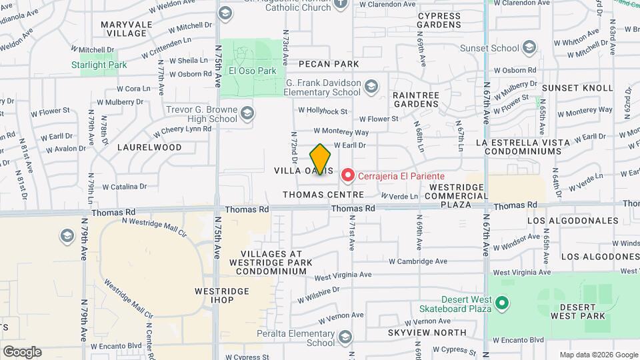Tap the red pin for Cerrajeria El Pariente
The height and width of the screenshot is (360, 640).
point(347,175)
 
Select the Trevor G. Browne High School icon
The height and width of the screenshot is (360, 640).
point(247,113)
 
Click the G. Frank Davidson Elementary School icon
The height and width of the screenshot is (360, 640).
point(371,85)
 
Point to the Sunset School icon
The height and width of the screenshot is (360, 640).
point(529,47)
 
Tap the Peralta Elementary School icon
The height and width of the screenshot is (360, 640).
point(345,337)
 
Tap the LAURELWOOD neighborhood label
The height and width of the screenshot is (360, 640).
point(149,147)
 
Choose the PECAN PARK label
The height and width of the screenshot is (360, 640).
point(329,64)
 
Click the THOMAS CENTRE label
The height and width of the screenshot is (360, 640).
point(323,195)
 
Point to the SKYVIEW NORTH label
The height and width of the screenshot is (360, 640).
point(427,332)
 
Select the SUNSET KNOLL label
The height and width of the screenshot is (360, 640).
point(577,88)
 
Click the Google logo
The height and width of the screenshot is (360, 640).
point(22,352)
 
